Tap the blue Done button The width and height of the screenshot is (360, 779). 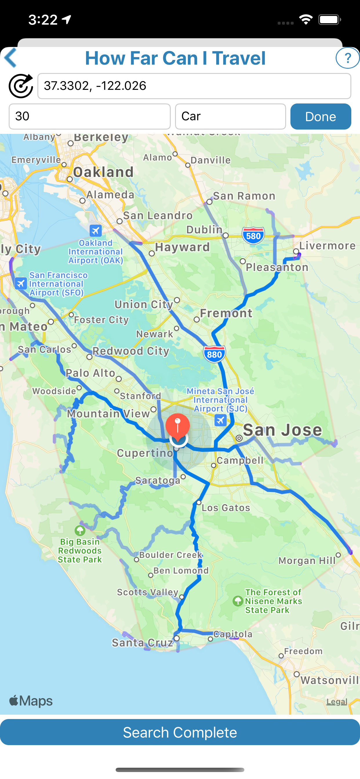[320, 117]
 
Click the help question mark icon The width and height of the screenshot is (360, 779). [347, 58]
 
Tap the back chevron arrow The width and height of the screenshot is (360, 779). [10, 58]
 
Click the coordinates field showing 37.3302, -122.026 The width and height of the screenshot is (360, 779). [194, 86]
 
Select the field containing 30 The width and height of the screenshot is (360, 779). [90, 117]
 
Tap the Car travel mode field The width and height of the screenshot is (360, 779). [230, 117]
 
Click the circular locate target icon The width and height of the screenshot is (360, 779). [21, 86]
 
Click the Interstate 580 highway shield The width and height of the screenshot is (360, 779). [253, 236]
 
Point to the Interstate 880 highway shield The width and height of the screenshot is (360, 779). [214, 354]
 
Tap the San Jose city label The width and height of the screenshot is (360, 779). [282, 430]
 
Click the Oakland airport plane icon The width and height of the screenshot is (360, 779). [96, 231]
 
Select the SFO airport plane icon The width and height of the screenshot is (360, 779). [21, 284]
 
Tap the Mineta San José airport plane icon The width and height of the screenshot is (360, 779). [221, 420]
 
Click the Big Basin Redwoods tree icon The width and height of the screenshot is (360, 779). [80, 530]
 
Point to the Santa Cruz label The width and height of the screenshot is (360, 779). [142, 642]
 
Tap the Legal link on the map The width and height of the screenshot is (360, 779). [337, 702]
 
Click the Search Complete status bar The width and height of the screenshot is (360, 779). [180, 732]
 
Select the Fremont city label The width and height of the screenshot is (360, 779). [226, 313]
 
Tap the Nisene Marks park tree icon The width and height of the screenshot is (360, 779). [238, 601]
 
